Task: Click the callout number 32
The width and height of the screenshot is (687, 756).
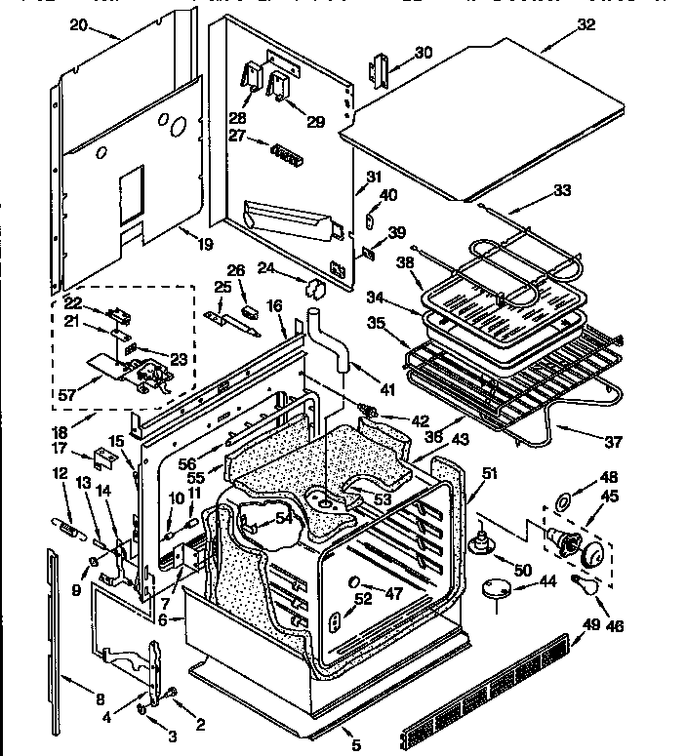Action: tap(585, 26)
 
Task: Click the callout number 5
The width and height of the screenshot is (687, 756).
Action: tap(355, 745)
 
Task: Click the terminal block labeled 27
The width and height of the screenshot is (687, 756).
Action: tap(285, 152)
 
